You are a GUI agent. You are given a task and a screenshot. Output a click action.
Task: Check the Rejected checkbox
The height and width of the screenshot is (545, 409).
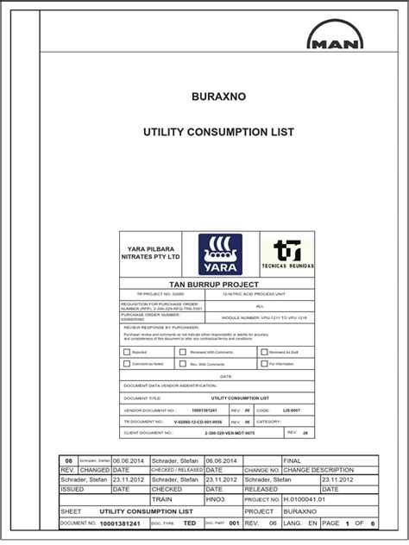128,352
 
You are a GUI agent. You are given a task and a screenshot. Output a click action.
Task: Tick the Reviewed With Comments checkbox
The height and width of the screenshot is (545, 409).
182,352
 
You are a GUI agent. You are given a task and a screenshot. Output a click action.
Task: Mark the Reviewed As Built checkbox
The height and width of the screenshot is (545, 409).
261,352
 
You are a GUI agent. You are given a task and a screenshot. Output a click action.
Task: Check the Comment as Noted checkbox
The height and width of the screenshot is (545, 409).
128,365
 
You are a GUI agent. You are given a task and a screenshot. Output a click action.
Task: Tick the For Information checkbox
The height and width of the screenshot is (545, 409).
261,365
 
